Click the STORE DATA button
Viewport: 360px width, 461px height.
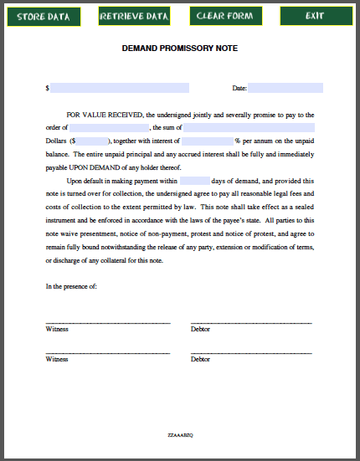point(44,17)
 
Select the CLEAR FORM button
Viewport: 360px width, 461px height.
point(224,17)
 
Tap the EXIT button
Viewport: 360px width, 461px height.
point(315,17)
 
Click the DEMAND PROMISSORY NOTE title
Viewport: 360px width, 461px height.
point(179,49)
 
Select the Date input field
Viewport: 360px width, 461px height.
point(285,88)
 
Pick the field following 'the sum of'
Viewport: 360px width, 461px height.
point(253,128)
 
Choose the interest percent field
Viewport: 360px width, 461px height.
point(207,141)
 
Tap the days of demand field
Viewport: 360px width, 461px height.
point(194,181)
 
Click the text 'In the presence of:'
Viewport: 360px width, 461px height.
point(71,286)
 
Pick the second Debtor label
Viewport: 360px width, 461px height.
point(200,359)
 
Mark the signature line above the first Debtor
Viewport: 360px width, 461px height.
point(251,322)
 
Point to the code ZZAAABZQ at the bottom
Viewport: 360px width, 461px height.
point(180,436)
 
